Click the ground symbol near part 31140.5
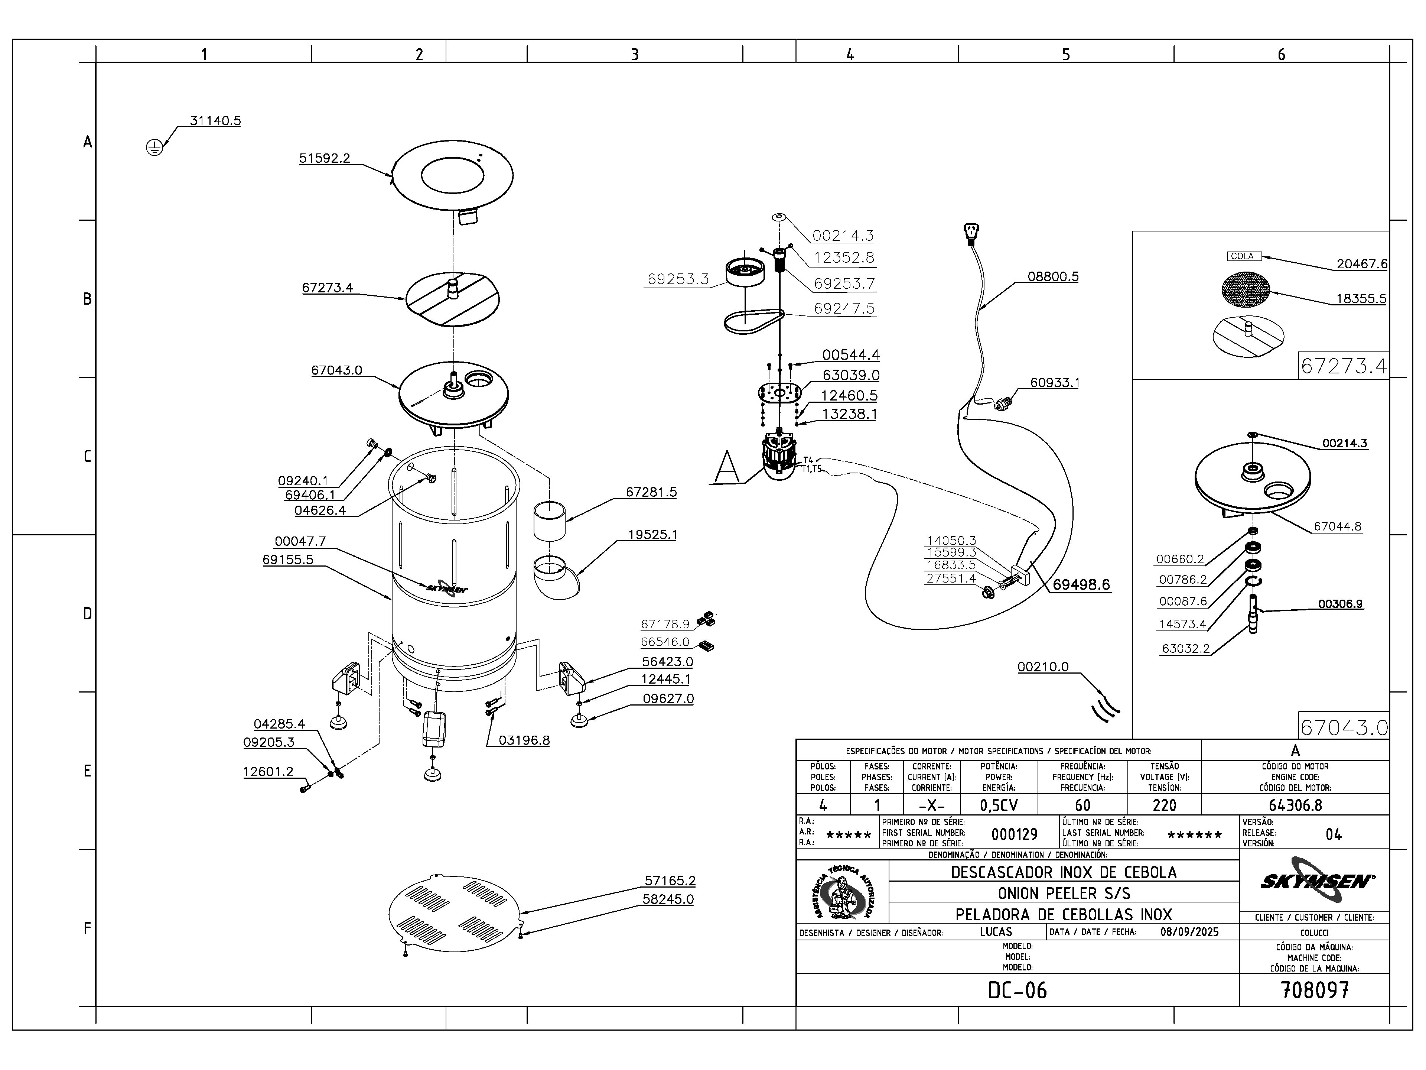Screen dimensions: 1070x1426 [154, 148]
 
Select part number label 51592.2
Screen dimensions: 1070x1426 [324, 158]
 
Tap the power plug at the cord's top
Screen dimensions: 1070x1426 [970, 233]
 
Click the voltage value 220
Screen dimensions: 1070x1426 [1164, 805]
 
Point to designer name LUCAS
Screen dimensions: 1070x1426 [996, 932]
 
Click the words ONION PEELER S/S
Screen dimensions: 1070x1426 [1064, 893]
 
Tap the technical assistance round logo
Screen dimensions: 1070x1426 [843, 893]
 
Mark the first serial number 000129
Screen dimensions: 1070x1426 [1014, 834]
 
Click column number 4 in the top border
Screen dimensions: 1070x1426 [850, 55]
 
